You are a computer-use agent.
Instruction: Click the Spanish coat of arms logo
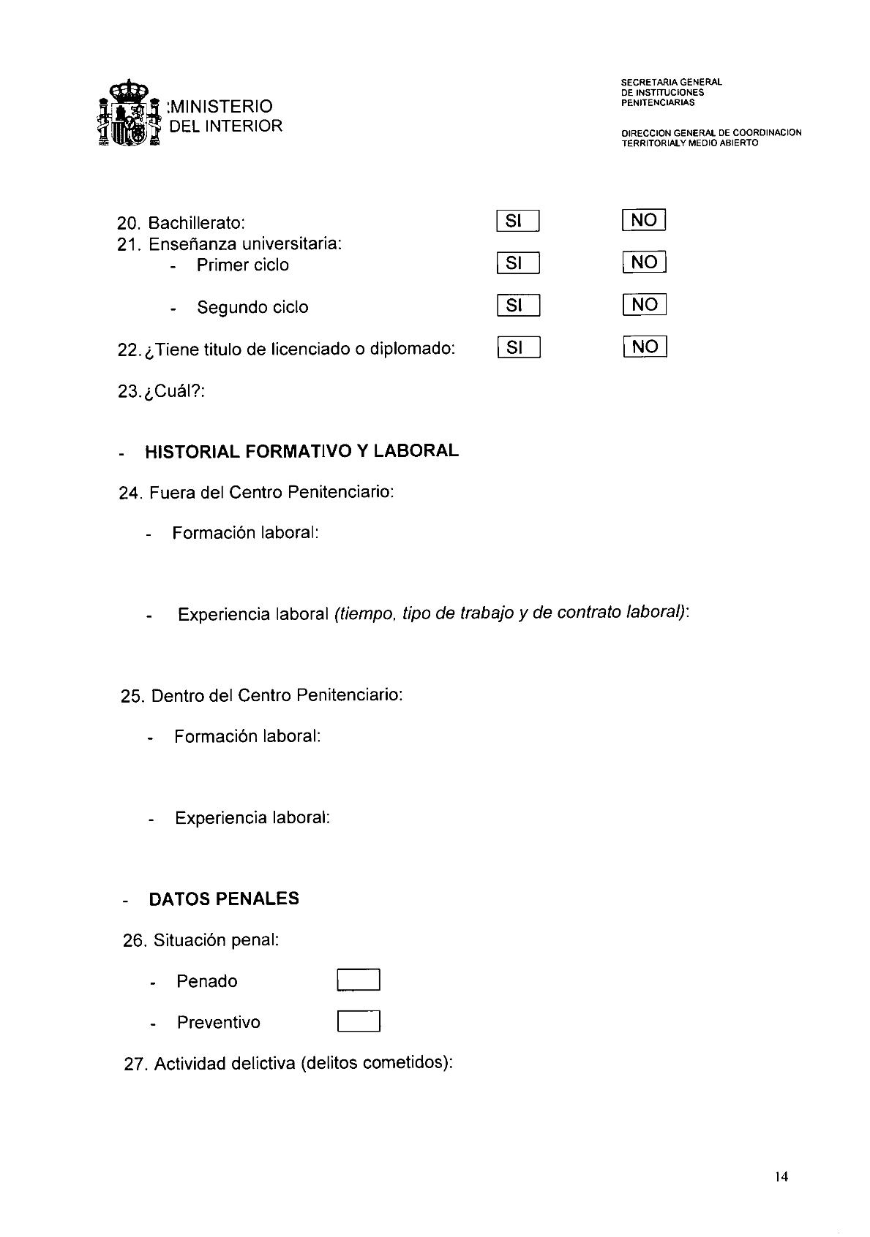[130, 116]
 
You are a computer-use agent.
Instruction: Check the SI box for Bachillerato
[517, 221]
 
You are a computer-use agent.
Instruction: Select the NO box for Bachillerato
[644, 220]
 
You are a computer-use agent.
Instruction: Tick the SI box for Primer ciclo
[517, 263]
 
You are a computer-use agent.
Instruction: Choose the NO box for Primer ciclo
[645, 262]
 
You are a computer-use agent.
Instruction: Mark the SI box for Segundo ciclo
[518, 306]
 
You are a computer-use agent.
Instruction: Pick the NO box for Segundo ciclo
[645, 305]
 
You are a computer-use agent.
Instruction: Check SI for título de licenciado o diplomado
[518, 348]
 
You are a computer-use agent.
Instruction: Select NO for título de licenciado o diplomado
[645, 347]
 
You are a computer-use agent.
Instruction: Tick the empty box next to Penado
[359, 980]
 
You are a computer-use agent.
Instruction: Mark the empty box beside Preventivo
[359, 1021]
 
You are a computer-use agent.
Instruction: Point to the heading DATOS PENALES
[224, 899]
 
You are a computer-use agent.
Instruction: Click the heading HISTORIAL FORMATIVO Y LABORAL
[301, 451]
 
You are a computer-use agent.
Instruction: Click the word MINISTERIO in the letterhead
[221, 107]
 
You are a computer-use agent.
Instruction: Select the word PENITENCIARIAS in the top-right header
[657, 103]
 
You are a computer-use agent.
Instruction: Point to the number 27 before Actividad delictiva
[136, 1064]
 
